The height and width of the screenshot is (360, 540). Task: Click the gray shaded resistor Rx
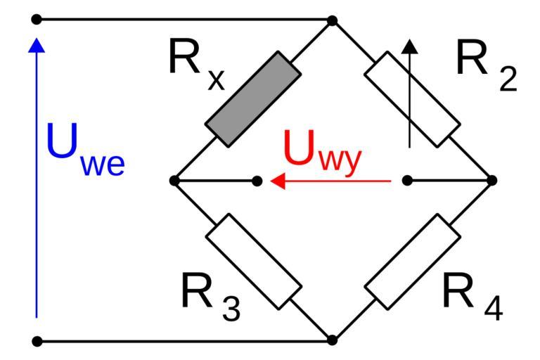pyautogui.click(x=252, y=98)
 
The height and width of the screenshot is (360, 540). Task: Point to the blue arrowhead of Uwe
pyautogui.click(x=37, y=46)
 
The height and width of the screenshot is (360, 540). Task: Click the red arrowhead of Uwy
pyautogui.click(x=278, y=181)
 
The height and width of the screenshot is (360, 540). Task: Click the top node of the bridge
pyautogui.click(x=333, y=20)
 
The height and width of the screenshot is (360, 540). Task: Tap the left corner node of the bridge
pyautogui.click(x=174, y=181)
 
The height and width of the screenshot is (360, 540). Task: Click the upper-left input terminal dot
pyautogui.click(x=37, y=20)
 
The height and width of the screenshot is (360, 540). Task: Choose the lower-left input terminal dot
pyautogui.click(x=37, y=342)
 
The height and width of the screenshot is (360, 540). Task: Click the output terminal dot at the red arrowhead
pyautogui.click(x=257, y=181)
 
